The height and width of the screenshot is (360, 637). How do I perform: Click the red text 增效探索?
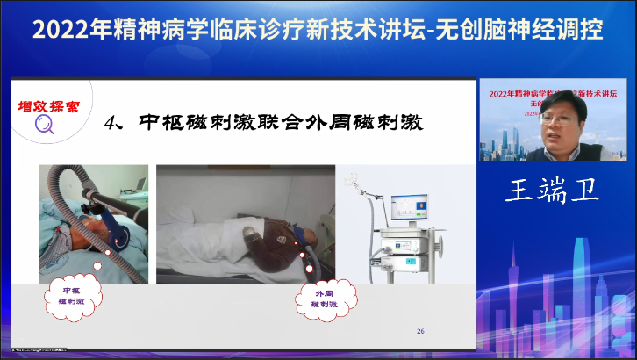(48, 107)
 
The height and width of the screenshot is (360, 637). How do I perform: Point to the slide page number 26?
(420, 330)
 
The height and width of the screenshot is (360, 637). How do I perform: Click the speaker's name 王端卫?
(551, 191)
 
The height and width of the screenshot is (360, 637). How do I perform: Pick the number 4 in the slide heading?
(111, 122)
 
